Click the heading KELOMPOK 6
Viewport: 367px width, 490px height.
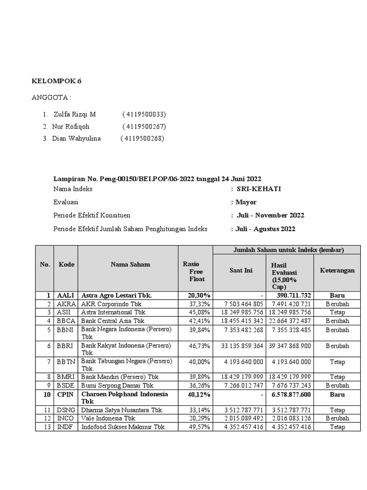(56, 81)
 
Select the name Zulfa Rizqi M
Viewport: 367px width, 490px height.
(75, 114)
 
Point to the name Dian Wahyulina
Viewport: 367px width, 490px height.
(76, 139)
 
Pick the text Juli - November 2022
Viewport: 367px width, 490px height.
(270, 215)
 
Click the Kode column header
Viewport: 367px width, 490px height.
(66, 265)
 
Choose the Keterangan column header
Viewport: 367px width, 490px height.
(337, 270)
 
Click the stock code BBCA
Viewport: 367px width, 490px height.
(65, 321)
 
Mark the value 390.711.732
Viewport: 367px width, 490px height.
(293, 296)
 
